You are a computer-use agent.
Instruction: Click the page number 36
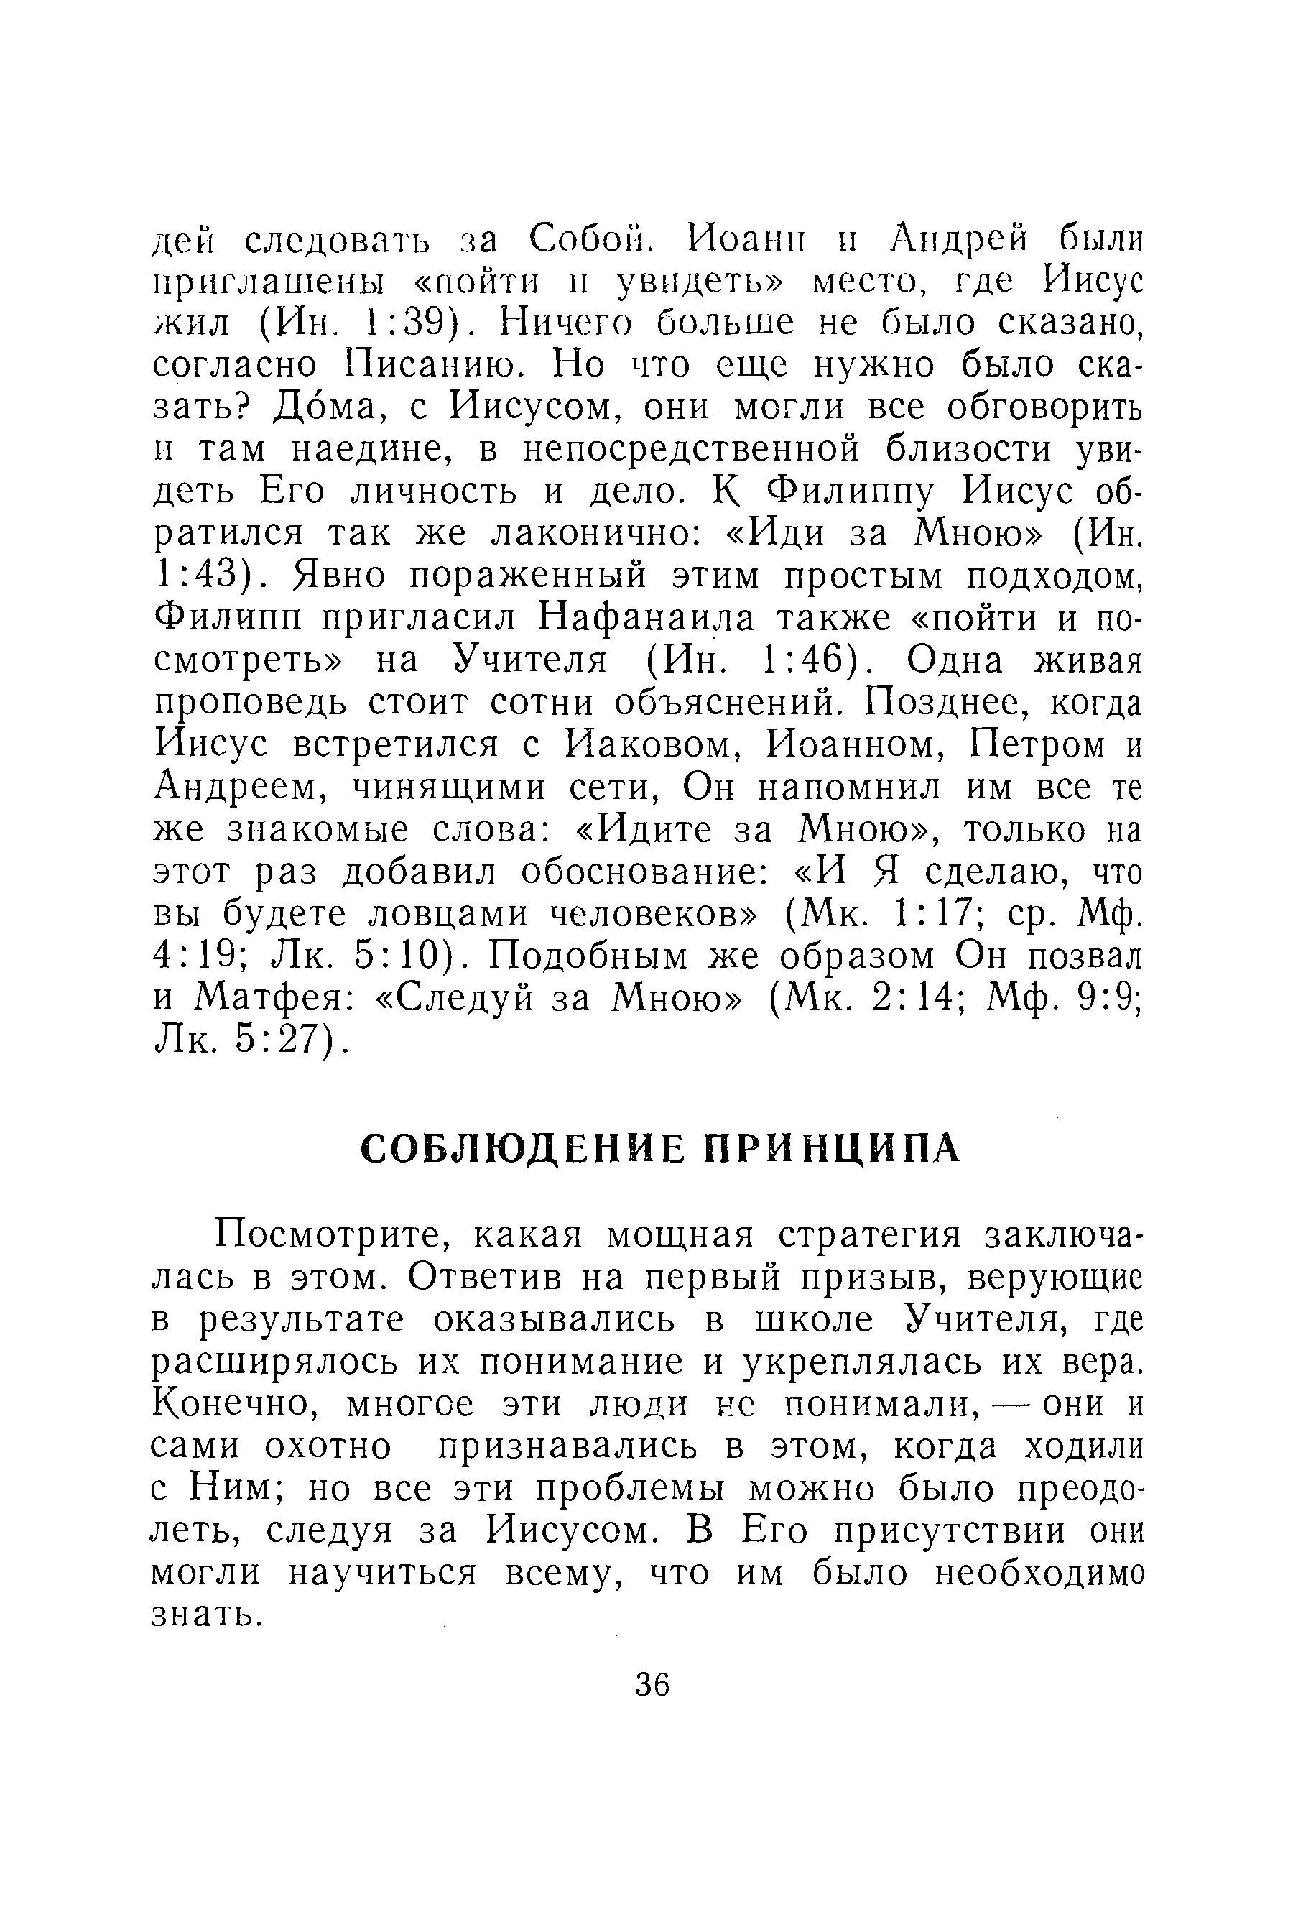pyautogui.click(x=652, y=1684)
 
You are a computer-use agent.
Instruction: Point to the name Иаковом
pyautogui.click(x=651, y=745)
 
